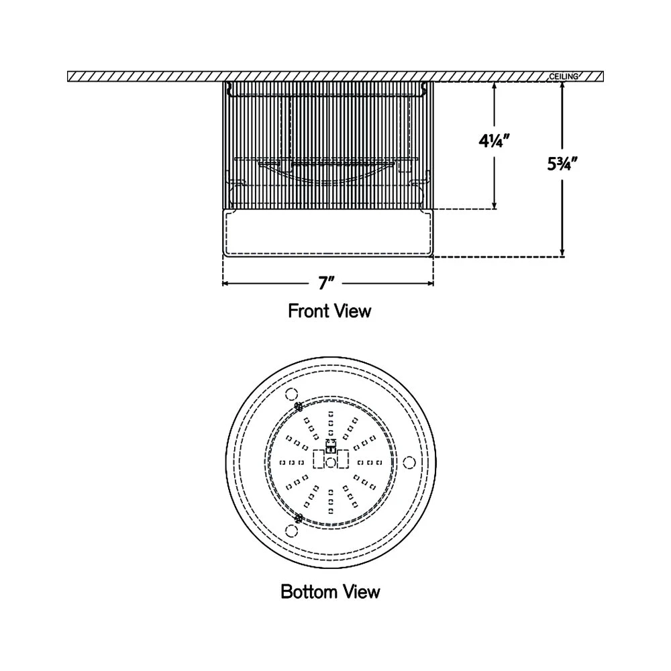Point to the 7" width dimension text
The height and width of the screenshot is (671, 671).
tap(327, 283)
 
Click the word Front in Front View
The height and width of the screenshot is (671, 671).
tap(307, 311)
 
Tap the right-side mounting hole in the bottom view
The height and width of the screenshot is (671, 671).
tap(409, 462)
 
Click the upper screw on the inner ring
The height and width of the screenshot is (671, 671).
tap(299, 406)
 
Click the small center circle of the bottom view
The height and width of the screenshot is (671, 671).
tap(331, 462)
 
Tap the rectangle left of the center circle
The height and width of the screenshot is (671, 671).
tap(319, 459)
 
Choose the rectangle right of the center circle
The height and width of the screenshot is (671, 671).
tap(344, 459)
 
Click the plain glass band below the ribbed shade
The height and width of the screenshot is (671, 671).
tap(327, 232)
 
